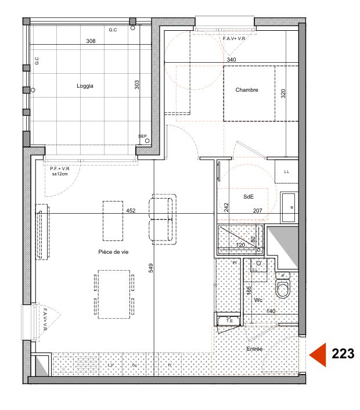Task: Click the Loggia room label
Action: click(x=85, y=86)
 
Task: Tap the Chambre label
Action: click(x=246, y=90)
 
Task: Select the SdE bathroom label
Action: click(x=248, y=197)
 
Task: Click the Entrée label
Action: click(x=254, y=349)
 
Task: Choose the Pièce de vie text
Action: click(x=113, y=252)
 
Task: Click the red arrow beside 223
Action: click(x=317, y=354)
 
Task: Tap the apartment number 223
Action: click(x=342, y=354)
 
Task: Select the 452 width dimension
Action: click(x=131, y=211)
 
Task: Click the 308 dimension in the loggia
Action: click(x=91, y=41)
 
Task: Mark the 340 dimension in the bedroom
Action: click(x=231, y=59)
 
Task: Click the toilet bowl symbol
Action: click(x=283, y=289)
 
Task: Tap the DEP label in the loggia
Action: click(x=142, y=136)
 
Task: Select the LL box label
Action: click(x=286, y=172)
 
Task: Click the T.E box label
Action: click(x=229, y=321)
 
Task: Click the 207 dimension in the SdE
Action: click(x=257, y=211)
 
